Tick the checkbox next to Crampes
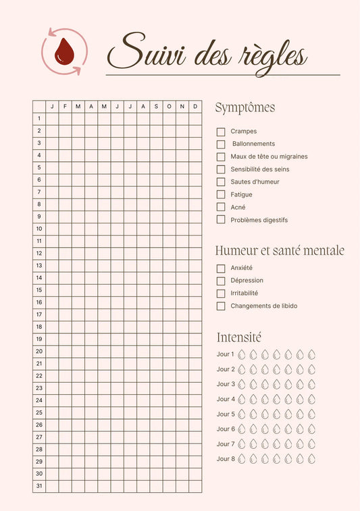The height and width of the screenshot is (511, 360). coord(221,132)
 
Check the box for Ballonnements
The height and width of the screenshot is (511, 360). coord(221,144)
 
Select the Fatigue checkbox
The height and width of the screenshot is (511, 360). coord(221,194)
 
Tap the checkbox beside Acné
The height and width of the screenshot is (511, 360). coord(221,207)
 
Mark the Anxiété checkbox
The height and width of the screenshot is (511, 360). coord(221,268)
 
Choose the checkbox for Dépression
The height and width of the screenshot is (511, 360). coord(221,281)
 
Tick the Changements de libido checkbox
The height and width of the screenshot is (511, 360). coord(221,306)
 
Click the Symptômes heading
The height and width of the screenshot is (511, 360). coord(245,108)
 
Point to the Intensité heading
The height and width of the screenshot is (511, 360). coord(238,337)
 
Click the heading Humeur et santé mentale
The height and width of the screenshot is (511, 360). coord(280,250)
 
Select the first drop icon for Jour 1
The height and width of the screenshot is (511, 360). coord(241,354)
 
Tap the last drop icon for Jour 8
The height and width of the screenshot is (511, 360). coord(312,459)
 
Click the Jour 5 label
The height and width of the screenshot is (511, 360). coord(226,414)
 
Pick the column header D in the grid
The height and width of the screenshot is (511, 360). coord(195,106)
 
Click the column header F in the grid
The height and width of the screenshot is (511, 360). coord(65,106)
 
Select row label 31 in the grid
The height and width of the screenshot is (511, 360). coord(39,486)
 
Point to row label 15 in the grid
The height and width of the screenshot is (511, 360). coord(39,290)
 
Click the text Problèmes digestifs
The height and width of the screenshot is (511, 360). coord(259,220)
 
